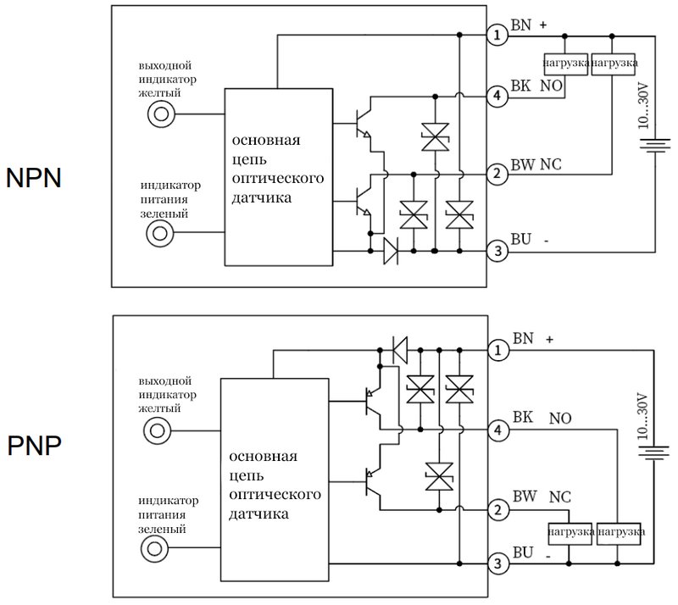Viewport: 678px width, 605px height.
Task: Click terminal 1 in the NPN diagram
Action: [497, 35]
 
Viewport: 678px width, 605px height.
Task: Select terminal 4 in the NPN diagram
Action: [497, 96]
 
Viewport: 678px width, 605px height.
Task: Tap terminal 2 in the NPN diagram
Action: [497, 174]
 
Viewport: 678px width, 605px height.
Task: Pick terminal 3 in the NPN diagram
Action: [497, 251]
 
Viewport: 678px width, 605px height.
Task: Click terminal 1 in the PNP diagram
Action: [498, 350]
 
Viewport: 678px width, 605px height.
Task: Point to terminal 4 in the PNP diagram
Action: [498, 430]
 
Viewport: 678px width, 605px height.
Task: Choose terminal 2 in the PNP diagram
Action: [498, 510]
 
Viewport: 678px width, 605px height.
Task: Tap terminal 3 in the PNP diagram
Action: [498, 563]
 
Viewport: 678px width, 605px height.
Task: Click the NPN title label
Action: [34, 177]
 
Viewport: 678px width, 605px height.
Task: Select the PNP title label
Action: [34, 446]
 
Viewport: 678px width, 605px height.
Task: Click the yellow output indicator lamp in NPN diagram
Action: [161, 114]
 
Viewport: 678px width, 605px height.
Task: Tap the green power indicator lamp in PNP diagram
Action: [154, 549]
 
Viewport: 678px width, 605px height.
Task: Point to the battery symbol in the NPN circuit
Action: [655, 145]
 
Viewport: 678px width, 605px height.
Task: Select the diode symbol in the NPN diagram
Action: [391, 251]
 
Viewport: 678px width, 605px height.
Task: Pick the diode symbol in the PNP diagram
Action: [400, 350]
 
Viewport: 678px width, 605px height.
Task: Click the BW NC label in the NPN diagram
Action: [536, 164]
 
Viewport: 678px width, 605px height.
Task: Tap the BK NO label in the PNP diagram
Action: [542, 418]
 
